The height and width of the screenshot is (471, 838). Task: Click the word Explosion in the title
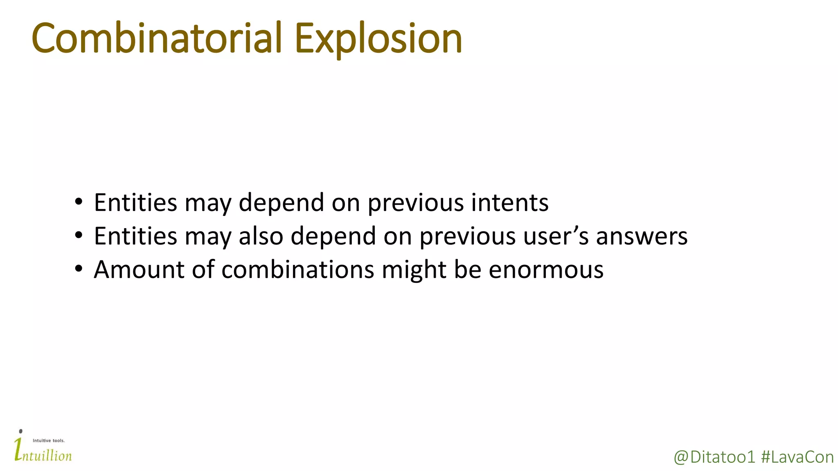[378, 39]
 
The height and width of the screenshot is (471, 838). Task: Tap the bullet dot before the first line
[79, 202]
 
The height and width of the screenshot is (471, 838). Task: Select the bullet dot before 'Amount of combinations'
[79, 269]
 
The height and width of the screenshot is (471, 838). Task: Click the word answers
[642, 237]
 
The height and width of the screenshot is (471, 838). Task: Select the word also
[261, 236]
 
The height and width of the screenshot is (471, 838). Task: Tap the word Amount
[139, 269]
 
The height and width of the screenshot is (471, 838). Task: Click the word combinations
[297, 269]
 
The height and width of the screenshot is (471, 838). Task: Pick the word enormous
[546, 270]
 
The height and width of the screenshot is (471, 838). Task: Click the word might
[414, 270]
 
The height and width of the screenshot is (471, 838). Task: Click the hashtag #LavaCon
[797, 457]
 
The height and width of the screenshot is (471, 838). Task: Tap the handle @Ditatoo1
[714, 457]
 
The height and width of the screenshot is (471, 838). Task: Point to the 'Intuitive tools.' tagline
[48, 440]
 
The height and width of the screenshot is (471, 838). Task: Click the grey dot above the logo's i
[20, 431]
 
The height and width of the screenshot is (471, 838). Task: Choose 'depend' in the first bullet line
[281, 202]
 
